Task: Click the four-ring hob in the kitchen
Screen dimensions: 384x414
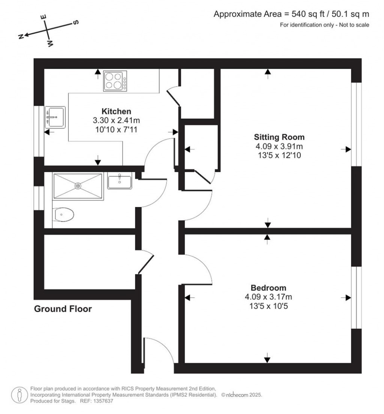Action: point(115,81)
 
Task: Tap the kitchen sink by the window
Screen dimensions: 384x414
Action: point(55,117)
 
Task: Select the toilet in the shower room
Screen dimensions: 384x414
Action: point(63,214)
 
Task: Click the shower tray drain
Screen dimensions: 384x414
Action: point(78,186)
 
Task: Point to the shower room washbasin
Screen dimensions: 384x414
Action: point(119,181)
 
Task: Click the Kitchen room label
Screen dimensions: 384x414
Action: point(116,111)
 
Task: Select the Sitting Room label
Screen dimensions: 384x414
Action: point(279,137)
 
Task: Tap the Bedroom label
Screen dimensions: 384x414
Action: point(268,288)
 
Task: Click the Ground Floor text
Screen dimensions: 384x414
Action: point(63,309)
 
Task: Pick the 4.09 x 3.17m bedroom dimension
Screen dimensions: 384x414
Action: point(268,297)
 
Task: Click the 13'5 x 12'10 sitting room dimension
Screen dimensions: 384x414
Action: point(279,155)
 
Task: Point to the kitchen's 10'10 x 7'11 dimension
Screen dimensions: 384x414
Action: point(116,130)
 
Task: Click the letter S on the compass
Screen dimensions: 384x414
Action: point(75,22)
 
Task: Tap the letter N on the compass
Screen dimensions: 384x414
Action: point(21,36)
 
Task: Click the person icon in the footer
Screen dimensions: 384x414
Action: point(19,395)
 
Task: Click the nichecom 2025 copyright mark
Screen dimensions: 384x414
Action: point(241,395)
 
